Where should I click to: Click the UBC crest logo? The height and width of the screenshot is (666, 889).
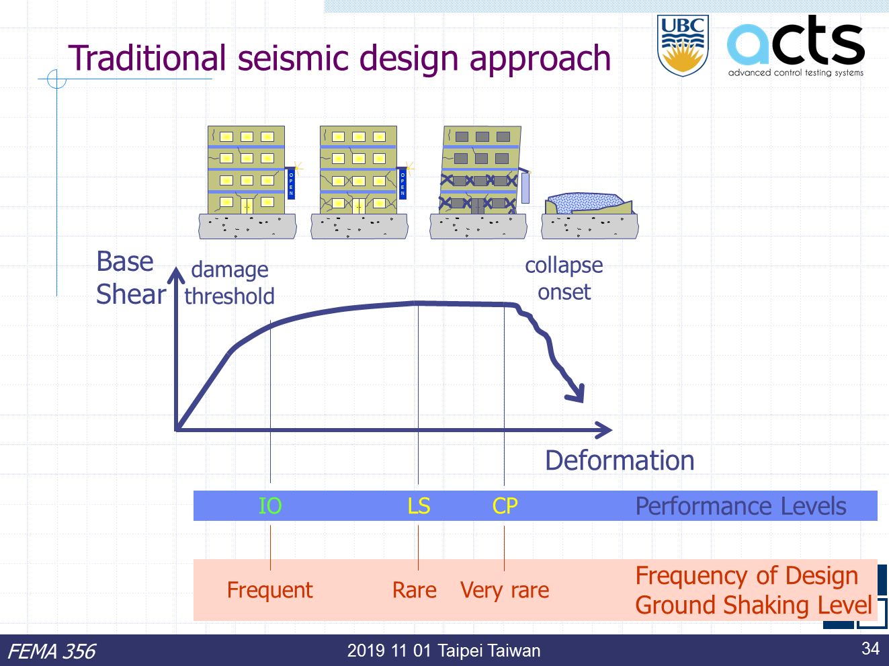pyautogui.click(x=683, y=46)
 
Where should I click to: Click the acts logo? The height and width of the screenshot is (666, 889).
pyautogui.click(x=796, y=46)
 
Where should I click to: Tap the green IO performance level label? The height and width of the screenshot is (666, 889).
pyautogui.click(x=270, y=506)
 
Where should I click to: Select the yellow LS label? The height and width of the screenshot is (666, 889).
pyautogui.click(x=419, y=506)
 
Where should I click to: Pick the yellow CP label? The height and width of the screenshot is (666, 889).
pyautogui.click(x=505, y=506)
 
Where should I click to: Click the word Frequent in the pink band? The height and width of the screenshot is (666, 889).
pyautogui.click(x=269, y=590)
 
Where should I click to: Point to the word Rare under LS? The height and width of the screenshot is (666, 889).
pyautogui.click(x=415, y=590)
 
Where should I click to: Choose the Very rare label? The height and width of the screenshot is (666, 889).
pyautogui.click(x=505, y=591)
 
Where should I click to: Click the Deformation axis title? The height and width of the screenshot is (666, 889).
pyautogui.click(x=620, y=460)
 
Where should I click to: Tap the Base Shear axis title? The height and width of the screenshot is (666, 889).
pyautogui.click(x=131, y=278)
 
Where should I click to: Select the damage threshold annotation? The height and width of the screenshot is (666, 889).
pyautogui.click(x=229, y=283)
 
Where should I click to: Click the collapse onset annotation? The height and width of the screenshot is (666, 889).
pyautogui.click(x=564, y=279)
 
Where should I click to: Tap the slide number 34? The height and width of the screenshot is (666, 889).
pyautogui.click(x=870, y=649)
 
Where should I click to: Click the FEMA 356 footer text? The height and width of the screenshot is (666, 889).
pyautogui.click(x=52, y=652)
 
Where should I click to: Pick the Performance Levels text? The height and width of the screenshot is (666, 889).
pyautogui.click(x=740, y=506)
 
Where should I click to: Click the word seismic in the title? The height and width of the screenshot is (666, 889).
pyautogui.click(x=293, y=58)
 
